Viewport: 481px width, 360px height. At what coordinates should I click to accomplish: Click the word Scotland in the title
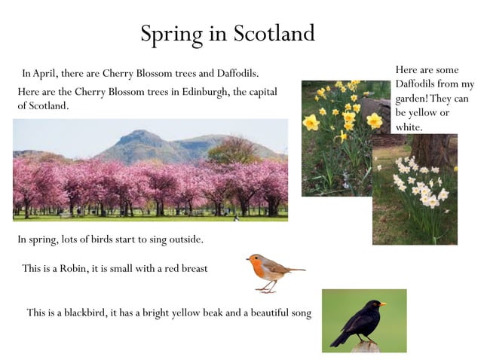[274, 33]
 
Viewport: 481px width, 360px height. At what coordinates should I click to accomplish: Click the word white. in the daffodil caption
[409, 127]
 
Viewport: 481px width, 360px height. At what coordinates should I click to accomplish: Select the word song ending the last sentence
[301, 313]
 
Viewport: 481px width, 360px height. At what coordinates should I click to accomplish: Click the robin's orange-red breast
[258, 268]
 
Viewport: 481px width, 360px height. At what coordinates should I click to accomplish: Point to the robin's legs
[265, 286]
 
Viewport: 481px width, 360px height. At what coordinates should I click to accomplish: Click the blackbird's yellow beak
[383, 305]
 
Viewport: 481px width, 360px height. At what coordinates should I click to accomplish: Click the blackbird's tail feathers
[338, 339]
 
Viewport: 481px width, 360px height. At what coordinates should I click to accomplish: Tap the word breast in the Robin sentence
[192, 268]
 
